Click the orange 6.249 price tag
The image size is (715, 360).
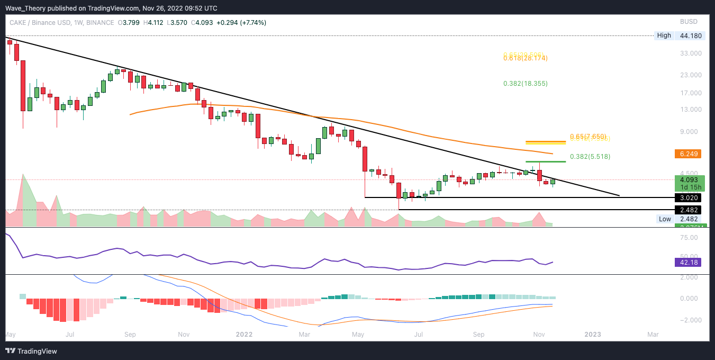(x=687, y=154)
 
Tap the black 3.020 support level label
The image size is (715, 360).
(x=687, y=197)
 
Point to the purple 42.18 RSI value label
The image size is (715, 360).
(x=687, y=262)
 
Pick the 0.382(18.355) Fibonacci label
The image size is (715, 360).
(x=526, y=84)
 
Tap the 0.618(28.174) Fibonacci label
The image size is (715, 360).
(x=525, y=58)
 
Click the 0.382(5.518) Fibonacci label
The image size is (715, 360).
(x=590, y=157)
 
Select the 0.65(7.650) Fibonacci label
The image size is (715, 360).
(x=587, y=137)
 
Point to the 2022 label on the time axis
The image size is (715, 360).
(x=244, y=335)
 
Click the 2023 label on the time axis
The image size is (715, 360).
(x=592, y=335)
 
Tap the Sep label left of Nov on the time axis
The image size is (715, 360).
(x=130, y=335)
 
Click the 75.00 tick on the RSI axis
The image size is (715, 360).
(x=691, y=238)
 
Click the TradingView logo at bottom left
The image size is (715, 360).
(x=31, y=351)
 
